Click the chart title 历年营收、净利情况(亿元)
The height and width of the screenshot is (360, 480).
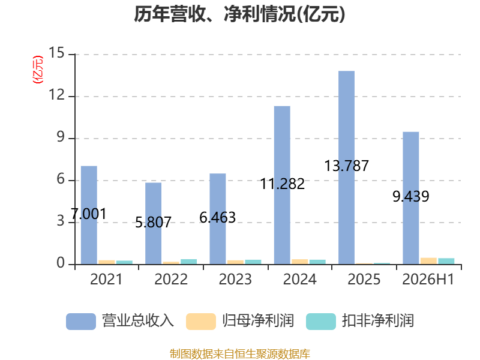[x=239, y=14]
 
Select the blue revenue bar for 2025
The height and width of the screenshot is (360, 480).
[x=347, y=167]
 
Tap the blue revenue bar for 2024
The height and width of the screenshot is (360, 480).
[x=282, y=185]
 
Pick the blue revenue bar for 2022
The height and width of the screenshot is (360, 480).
[x=154, y=223]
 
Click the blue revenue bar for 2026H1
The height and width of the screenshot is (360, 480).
[x=411, y=198]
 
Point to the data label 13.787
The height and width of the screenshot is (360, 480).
[x=347, y=166]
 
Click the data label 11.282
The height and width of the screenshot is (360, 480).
[x=282, y=184]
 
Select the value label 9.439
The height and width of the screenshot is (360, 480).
[x=411, y=196]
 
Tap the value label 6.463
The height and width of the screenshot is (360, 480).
[x=218, y=218]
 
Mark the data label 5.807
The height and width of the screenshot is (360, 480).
[x=154, y=222]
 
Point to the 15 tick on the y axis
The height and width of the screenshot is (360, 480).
[x=56, y=53]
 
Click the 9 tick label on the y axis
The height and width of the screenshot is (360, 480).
[x=61, y=137]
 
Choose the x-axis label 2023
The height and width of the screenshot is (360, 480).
[x=235, y=279]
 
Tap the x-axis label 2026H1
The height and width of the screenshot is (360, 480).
[x=428, y=279]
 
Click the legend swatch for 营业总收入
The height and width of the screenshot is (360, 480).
[x=81, y=322]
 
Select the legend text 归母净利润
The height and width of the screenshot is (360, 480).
[x=258, y=321]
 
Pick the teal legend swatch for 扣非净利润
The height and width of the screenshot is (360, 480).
[x=321, y=322]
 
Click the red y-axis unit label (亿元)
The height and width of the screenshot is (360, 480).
[x=38, y=70]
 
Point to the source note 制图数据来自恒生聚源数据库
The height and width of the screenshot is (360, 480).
[x=240, y=354]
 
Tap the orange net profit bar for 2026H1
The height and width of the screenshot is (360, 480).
[x=428, y=261]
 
